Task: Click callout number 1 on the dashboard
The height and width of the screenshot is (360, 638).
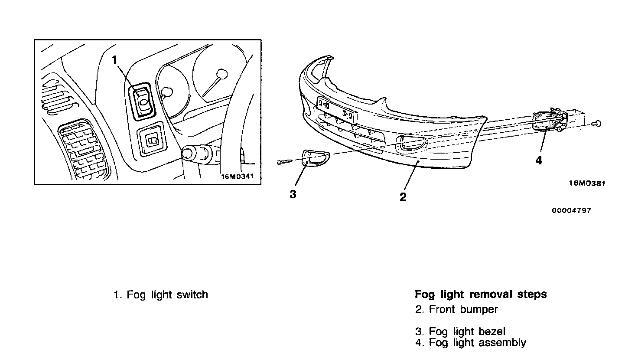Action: (x=115, y=60)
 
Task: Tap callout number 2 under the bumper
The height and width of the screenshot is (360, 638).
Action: (x=403, y=197)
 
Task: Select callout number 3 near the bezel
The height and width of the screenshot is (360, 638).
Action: (x=293, y=194)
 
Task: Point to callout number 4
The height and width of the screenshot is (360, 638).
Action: (x=539, y=160)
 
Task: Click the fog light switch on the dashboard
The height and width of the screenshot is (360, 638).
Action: (x=142, y=100)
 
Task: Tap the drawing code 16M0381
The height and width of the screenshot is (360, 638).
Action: (x=586, y=183)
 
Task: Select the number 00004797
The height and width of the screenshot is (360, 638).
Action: (x=571, y=211)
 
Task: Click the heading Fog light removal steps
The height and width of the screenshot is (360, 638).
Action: (x=481, y=295)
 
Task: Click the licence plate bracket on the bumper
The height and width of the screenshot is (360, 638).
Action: (x=337, y=110)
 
